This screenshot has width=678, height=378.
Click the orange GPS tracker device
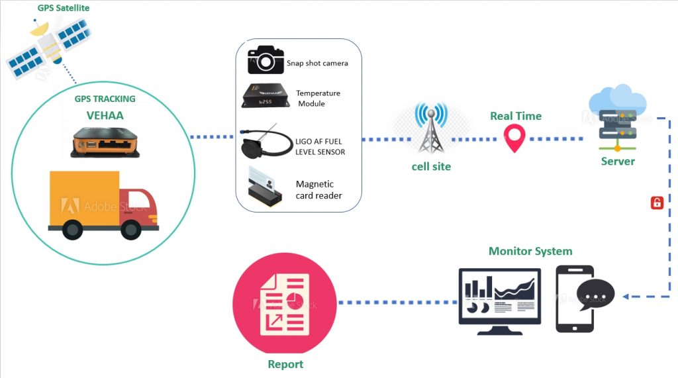point(106,142)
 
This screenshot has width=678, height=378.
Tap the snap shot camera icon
point(265,60)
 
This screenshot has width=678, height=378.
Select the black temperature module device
point(265,96)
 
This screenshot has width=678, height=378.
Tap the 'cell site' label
point(431,166)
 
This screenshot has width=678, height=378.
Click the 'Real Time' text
point(515,116)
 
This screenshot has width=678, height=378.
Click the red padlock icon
point(657,203)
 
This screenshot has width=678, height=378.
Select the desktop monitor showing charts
point(499,301)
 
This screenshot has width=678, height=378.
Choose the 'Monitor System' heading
point(530,251)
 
